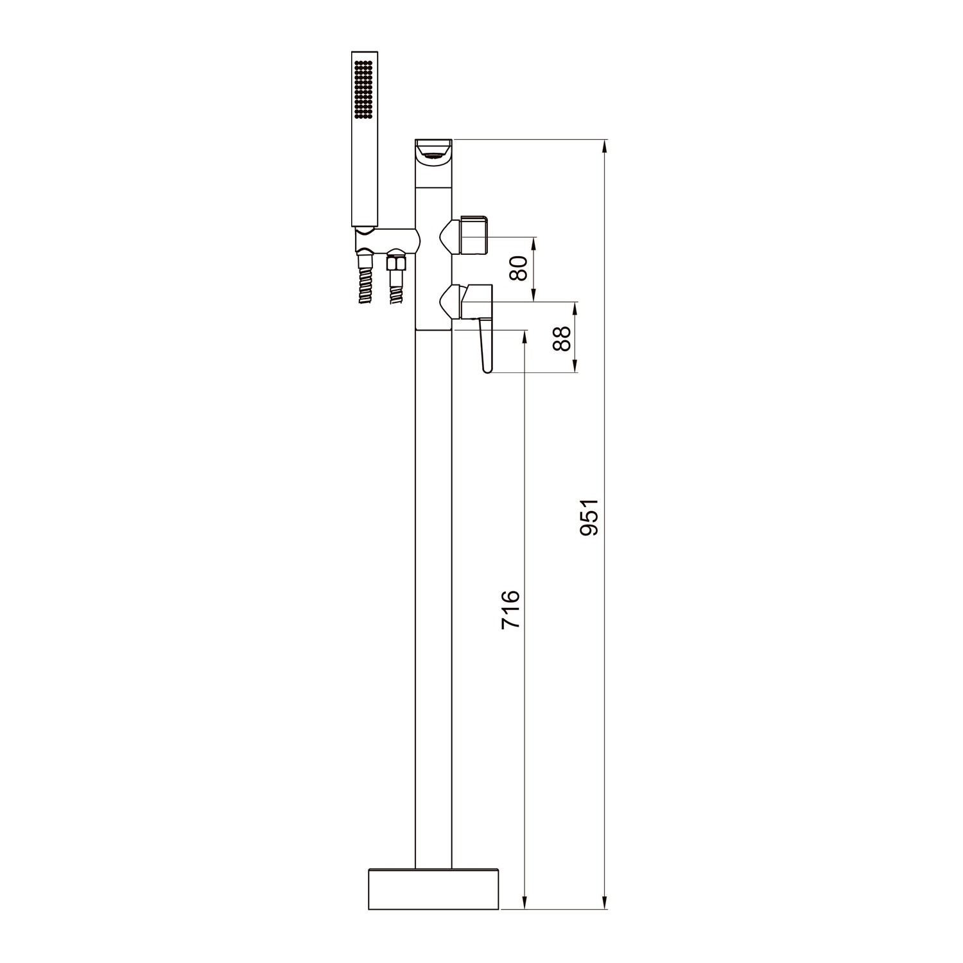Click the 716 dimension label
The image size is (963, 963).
pos(510,610)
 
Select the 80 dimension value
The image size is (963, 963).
pos(518,268)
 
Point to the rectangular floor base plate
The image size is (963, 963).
pos(434,890)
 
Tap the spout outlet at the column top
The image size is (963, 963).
pos(433,153)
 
